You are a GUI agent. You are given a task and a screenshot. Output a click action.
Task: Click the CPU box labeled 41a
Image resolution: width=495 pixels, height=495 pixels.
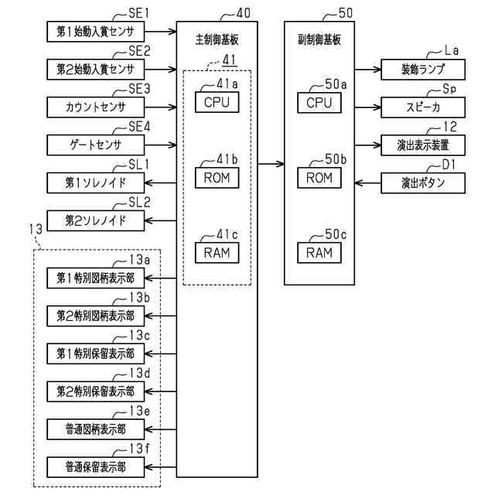pos(217,101)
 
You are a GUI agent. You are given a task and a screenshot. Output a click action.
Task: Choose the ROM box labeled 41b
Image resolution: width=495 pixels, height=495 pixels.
pos(217,177)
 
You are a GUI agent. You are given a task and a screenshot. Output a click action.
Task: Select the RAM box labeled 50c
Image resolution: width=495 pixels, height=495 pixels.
pos(319,252)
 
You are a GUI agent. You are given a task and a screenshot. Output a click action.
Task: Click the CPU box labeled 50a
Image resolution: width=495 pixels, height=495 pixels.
pos(319,102)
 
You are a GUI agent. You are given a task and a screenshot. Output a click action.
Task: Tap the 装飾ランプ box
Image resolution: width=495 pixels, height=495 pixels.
pos(423,70)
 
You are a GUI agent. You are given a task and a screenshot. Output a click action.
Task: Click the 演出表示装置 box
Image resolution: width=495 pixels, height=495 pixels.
pos(423,145)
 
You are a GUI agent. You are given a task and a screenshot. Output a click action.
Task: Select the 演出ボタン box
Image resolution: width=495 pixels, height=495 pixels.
pos(423,183)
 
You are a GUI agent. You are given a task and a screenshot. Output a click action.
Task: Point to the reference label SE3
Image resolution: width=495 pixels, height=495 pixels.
pos(139,88)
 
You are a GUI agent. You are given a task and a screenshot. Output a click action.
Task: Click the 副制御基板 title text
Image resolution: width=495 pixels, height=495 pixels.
pos(319,37)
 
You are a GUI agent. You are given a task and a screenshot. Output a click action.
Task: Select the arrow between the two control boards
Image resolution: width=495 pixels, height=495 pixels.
pos(270,163)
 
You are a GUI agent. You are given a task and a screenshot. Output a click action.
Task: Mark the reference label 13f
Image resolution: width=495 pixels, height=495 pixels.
pos(139,448)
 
